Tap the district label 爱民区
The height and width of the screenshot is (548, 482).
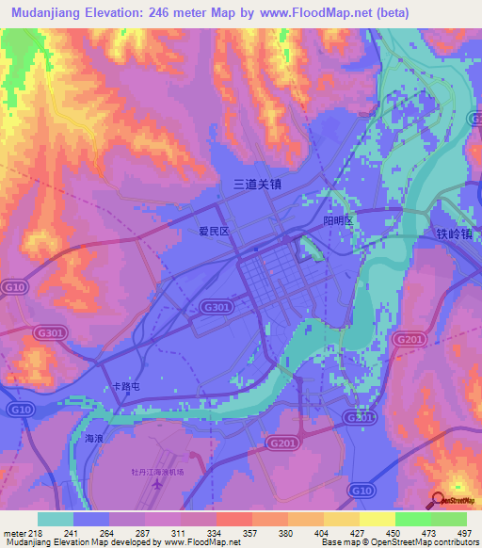[214, 231]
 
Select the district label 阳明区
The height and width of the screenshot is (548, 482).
[337, 220]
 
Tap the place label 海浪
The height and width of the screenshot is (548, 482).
[93, 439]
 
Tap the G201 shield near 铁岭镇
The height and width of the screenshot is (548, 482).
[409, 339]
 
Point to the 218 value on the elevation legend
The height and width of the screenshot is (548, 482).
[36, 533]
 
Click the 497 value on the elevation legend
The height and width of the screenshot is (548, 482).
[463, 533]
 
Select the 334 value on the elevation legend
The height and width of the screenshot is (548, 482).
[215, 533]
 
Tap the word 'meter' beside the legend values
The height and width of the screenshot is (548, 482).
[13, 533]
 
